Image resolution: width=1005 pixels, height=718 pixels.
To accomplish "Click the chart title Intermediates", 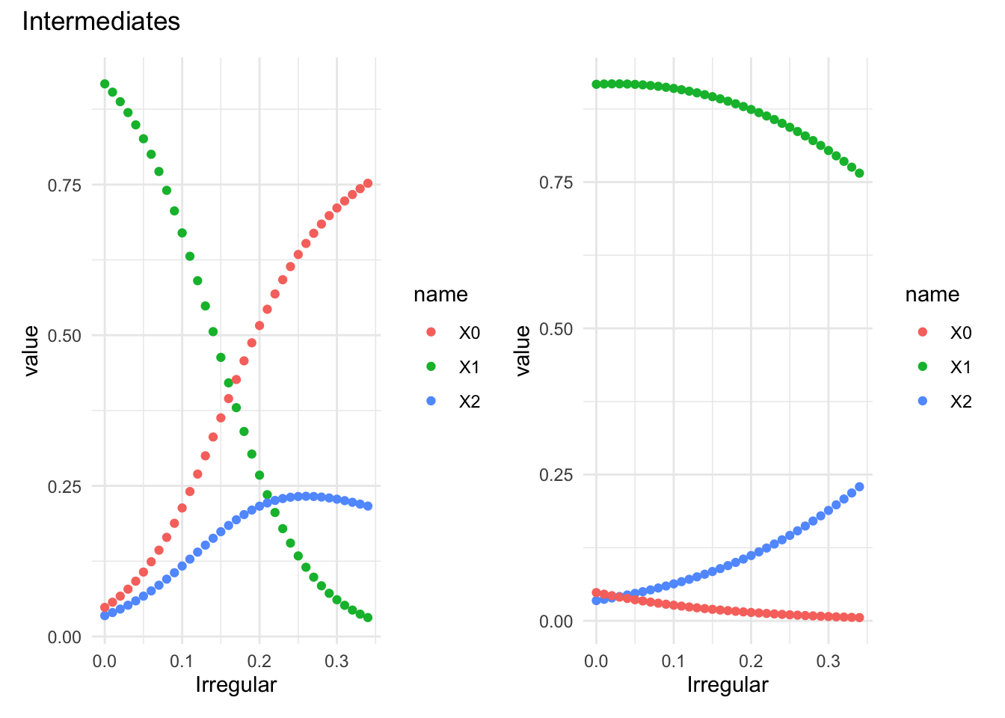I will click(101, 22).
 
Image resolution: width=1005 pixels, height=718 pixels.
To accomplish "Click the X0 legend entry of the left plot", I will click(469, 333).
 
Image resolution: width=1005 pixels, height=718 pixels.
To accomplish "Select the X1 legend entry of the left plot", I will click(469, 367).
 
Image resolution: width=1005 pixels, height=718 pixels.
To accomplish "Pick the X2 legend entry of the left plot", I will click(469, 402).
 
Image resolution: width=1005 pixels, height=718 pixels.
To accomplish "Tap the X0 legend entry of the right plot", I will click(960, 333).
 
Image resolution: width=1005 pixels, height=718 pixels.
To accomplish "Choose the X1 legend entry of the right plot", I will click(960, 367).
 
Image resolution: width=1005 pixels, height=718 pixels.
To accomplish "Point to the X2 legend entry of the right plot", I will click(960, 402).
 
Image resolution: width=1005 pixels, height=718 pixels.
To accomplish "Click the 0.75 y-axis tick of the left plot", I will click(64, 185).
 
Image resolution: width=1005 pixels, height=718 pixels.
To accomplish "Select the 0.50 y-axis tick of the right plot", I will click(556, 328).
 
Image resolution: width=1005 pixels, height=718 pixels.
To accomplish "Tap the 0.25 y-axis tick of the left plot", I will click(64, 486).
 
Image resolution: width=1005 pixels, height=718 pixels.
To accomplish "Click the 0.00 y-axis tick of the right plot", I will click(556, 622).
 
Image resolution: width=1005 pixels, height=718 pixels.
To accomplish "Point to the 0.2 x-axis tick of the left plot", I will click(259, 661).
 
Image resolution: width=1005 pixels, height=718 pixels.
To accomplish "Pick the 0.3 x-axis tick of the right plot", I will click(829, 661).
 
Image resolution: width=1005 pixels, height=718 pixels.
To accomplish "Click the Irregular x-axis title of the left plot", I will click(236, 684).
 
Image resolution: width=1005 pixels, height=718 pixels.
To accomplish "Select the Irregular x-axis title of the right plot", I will click(728, 684).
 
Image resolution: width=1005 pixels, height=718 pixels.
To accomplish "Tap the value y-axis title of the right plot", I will click(523, 350).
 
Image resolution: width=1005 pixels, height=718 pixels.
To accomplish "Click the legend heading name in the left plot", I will click(440, 295).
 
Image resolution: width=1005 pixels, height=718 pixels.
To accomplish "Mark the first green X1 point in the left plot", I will click(105, 84).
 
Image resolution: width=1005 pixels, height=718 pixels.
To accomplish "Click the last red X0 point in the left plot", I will click(368, 183).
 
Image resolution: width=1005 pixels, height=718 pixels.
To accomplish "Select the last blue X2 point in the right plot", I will click(859, 487).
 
